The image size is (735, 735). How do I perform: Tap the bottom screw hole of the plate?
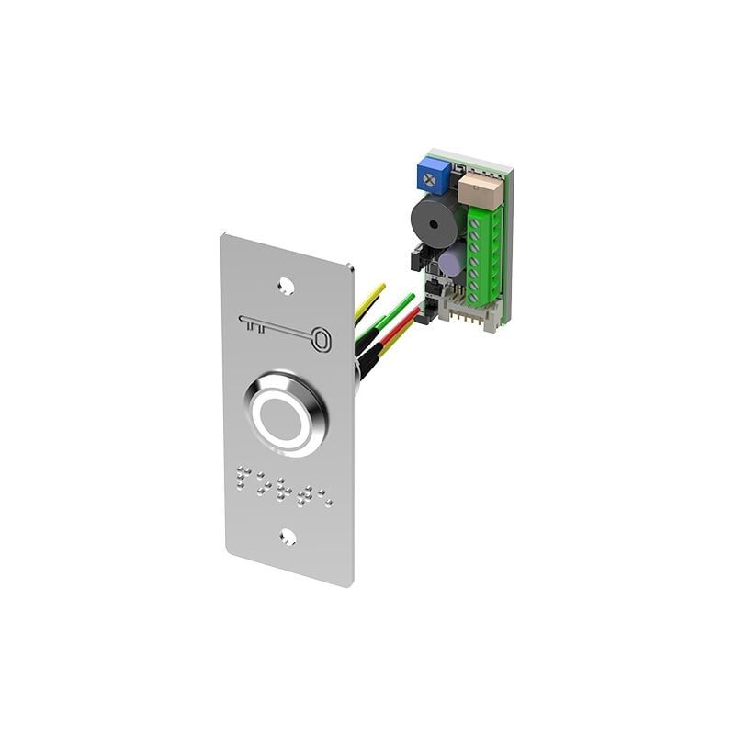(288, 537)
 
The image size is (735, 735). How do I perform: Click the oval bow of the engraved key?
(320, 340)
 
